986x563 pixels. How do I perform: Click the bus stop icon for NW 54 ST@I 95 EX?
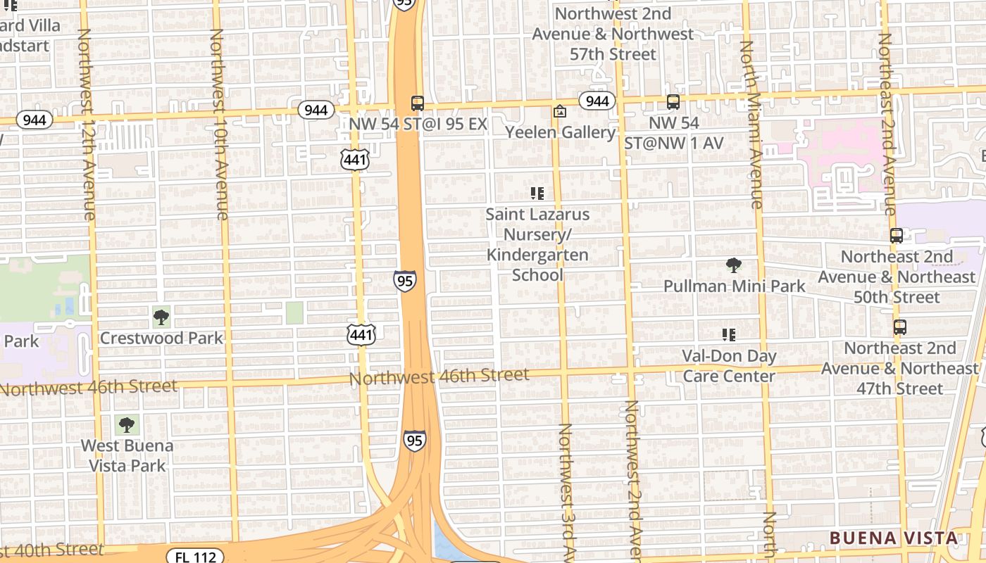point(418,103)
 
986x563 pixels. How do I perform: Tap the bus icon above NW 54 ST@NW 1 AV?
point(673,102)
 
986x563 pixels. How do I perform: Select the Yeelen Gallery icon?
point(560,111)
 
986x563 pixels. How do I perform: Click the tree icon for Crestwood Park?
point(161,317)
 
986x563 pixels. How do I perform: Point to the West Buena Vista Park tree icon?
point(127,424)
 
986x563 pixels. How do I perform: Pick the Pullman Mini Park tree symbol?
point(734,265)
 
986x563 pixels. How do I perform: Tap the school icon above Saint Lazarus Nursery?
point(537,193)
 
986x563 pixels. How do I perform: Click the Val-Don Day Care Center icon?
point(729,335)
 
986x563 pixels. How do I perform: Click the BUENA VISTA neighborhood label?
point(894,538)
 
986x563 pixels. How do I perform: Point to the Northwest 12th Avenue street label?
point(86,124)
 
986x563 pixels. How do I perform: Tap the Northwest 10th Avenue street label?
point(219,124)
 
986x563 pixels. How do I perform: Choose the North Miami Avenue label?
point(751,124)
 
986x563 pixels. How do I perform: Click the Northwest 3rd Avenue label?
point(567,493)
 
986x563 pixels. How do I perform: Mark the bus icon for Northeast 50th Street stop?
point(897,236)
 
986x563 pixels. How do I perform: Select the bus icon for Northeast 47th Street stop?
point(899,327)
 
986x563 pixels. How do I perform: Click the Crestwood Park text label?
point(161,338)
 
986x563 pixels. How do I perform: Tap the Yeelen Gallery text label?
point(561,132)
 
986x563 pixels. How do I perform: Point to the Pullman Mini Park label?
point(735,286)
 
